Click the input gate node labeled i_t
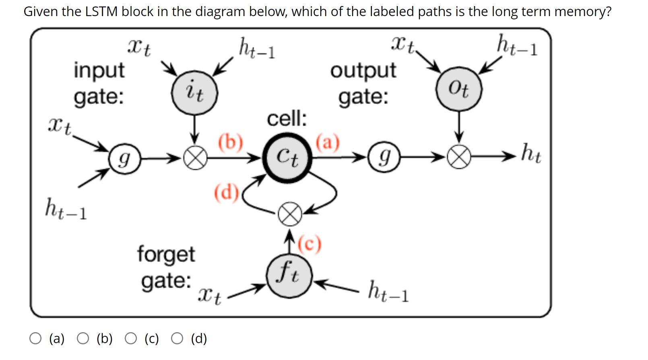coord(195,93)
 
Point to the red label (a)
coord(328,142)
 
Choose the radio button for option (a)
coord(35,339)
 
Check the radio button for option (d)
coord(177,339)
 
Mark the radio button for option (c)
coord(130,339)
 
